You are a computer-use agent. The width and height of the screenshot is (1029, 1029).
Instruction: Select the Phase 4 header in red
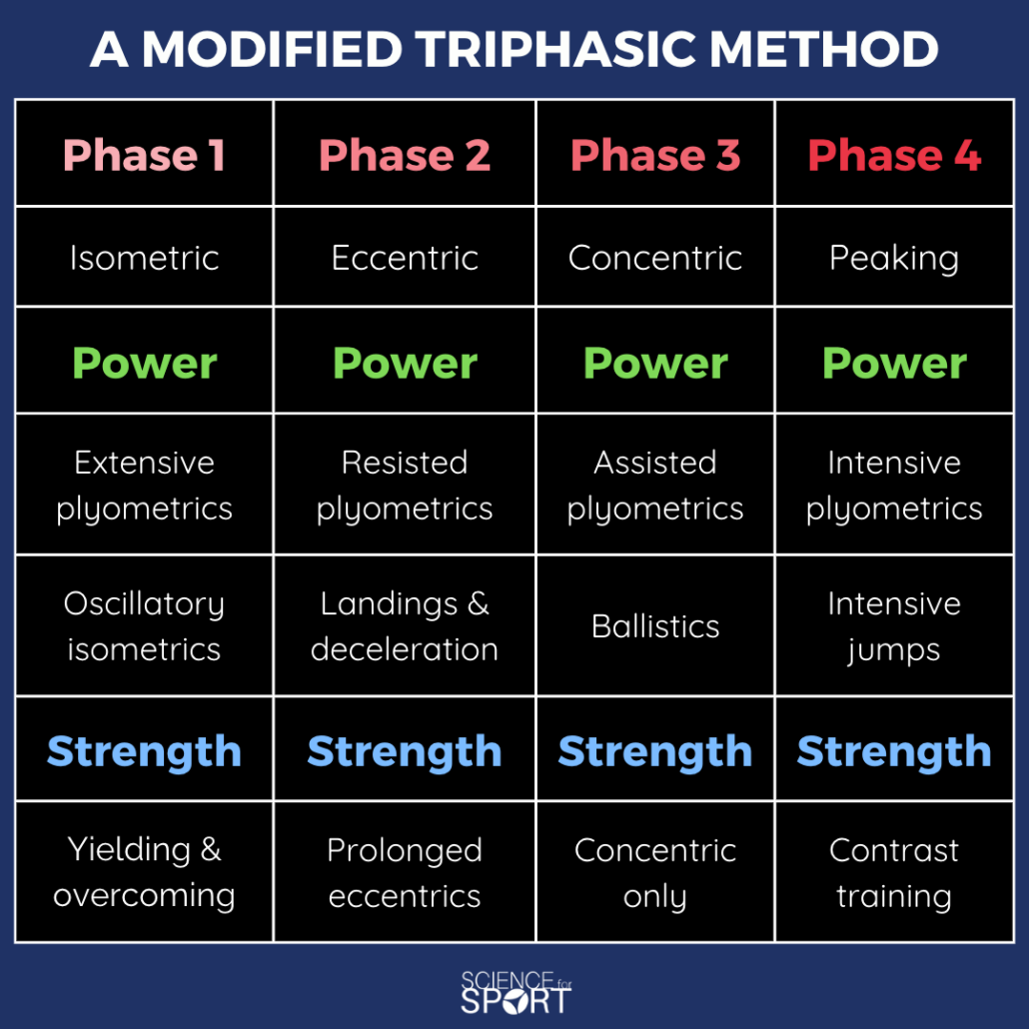(x=894, y=155)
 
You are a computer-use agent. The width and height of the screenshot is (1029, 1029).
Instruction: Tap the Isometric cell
(x=145, y=258)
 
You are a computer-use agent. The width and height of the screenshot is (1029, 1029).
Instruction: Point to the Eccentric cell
(x=405, y=258)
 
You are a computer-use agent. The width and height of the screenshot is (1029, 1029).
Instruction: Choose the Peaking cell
(x=894, y=258)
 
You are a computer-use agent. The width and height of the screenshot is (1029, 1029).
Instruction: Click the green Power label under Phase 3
(x=655, y=363)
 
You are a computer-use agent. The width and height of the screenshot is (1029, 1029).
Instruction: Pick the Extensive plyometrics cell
(x=145, y=486)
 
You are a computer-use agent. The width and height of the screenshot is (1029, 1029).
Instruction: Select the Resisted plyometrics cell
(x=405, y=486)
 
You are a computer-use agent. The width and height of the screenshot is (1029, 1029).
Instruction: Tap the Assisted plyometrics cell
(x=655, y=486)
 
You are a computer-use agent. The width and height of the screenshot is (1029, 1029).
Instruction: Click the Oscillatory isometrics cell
(x=145, y=626)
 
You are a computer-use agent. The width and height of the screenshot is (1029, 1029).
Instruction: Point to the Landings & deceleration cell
(x=405, y=626)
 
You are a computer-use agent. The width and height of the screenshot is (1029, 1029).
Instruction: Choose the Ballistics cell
(x=655, y=626)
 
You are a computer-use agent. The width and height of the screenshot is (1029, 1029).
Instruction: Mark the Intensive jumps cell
(x=894, y=626)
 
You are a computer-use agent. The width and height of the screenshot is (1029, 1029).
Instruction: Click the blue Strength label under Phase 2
(x=405, y=750)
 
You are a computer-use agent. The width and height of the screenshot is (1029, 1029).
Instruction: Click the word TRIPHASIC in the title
(x=554, y=49)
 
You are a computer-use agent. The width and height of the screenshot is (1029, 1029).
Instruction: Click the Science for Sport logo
(x=515, y=992)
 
